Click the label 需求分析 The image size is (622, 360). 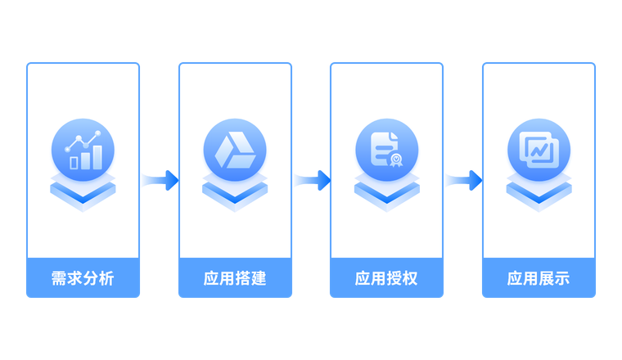[83, 279]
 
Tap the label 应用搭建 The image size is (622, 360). [235, 279]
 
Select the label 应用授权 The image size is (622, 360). [386, 279]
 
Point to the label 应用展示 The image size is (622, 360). [539, 279]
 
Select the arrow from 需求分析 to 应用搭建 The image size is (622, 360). [159, 179]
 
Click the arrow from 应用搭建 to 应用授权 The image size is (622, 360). [311, 179]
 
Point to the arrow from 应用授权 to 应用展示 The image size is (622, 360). [462, 179]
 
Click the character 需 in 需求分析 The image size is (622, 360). [59, 279]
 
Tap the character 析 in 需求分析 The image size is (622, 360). [106, 279]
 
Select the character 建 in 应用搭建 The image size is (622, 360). [259, 279]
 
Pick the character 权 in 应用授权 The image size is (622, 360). [410, 279]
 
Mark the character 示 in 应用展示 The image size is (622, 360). [562, 279]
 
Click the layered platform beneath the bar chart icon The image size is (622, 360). [83, 192]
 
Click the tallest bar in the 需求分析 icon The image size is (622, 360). [97, 155]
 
